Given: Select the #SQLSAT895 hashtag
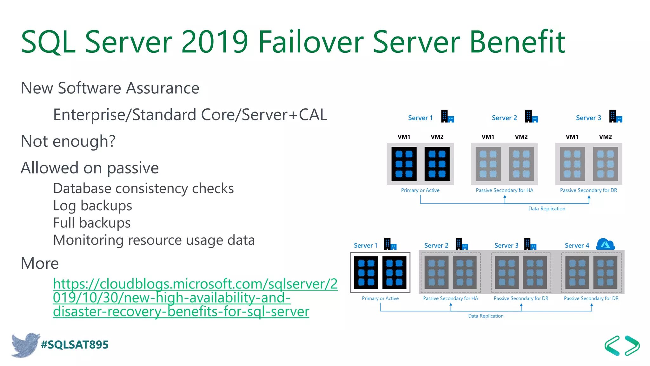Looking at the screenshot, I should click(75, 345).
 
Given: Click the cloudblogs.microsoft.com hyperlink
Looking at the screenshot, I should click(195, 297).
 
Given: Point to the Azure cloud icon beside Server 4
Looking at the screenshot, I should click(605, 245).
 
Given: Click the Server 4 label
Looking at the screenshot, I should click(577, 246).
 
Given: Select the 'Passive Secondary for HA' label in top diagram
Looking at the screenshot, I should click(504, 190).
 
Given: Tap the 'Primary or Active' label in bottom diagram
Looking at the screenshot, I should click(380, 298).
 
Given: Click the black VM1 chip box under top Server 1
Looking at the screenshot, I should click(404, 164).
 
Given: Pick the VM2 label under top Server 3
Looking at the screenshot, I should click(605, 137).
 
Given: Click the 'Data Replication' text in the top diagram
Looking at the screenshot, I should click(547, 209).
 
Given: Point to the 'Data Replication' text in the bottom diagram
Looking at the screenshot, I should click(486, 316).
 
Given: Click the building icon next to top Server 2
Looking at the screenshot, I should click(531, 117).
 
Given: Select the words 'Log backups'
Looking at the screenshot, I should click(92, 206).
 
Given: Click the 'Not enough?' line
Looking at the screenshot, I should click(68, 141).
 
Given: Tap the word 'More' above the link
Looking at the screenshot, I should click(40, 263).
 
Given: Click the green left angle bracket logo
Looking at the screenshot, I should click(612, 345).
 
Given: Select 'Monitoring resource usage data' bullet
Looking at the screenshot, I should click(154, 240).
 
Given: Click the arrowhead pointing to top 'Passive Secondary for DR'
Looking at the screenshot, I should click(589, 197).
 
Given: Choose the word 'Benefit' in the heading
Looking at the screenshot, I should click(517, 42).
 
